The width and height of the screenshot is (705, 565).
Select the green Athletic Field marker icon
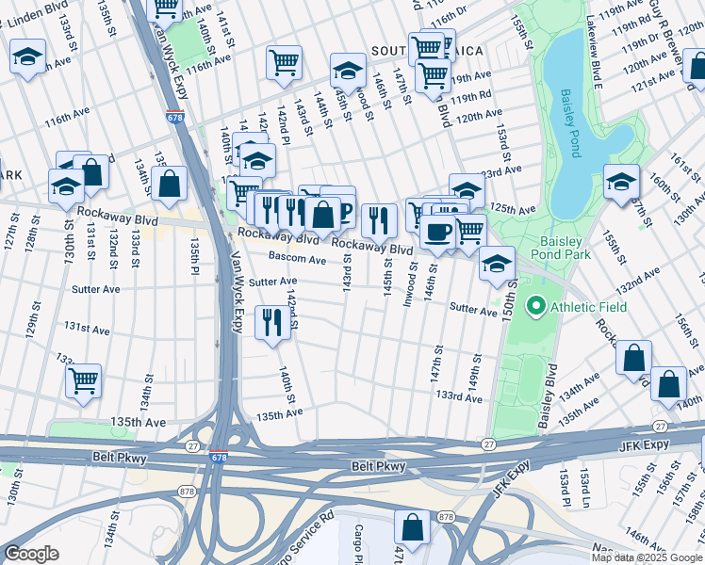(x=536, y=306)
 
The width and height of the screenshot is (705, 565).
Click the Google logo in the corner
(x=32, y=554)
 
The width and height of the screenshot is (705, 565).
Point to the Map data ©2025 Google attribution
(x=647, y=557)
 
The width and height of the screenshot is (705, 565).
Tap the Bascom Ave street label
(x=297, y=257)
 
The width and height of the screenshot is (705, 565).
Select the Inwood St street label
(x=411, y=277)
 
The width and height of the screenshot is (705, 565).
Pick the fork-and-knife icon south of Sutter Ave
(x=272, y=323)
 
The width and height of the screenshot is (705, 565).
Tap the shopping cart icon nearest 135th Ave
(x=84, y=382)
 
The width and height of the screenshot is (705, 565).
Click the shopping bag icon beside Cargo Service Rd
(x=412, y=527)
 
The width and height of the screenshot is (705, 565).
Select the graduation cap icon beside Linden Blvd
(x=27, y=58)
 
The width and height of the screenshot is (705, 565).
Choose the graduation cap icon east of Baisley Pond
(x=622, y=181)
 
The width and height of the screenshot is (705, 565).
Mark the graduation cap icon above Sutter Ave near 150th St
(x=497, y=264)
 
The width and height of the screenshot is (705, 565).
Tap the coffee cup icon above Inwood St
(x=436, y=232)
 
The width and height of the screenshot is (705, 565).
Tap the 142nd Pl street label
(x=282, y=122)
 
